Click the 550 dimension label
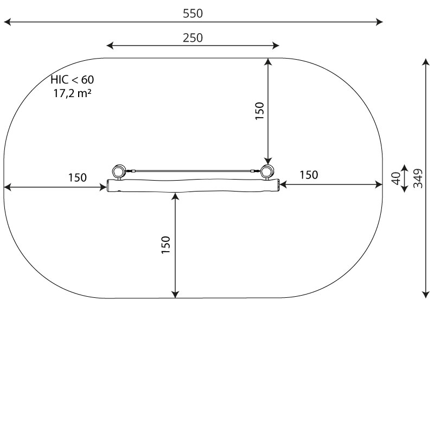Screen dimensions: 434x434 193,13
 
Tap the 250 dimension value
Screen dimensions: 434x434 193,37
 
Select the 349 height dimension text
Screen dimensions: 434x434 418,178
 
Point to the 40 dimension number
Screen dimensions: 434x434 396,178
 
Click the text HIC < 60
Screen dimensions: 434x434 72,80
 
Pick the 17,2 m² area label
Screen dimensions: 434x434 72,93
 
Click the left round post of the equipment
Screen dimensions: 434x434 119,171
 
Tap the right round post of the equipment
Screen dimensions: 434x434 267,171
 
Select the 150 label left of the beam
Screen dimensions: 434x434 78,177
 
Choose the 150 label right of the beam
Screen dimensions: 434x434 309,175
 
